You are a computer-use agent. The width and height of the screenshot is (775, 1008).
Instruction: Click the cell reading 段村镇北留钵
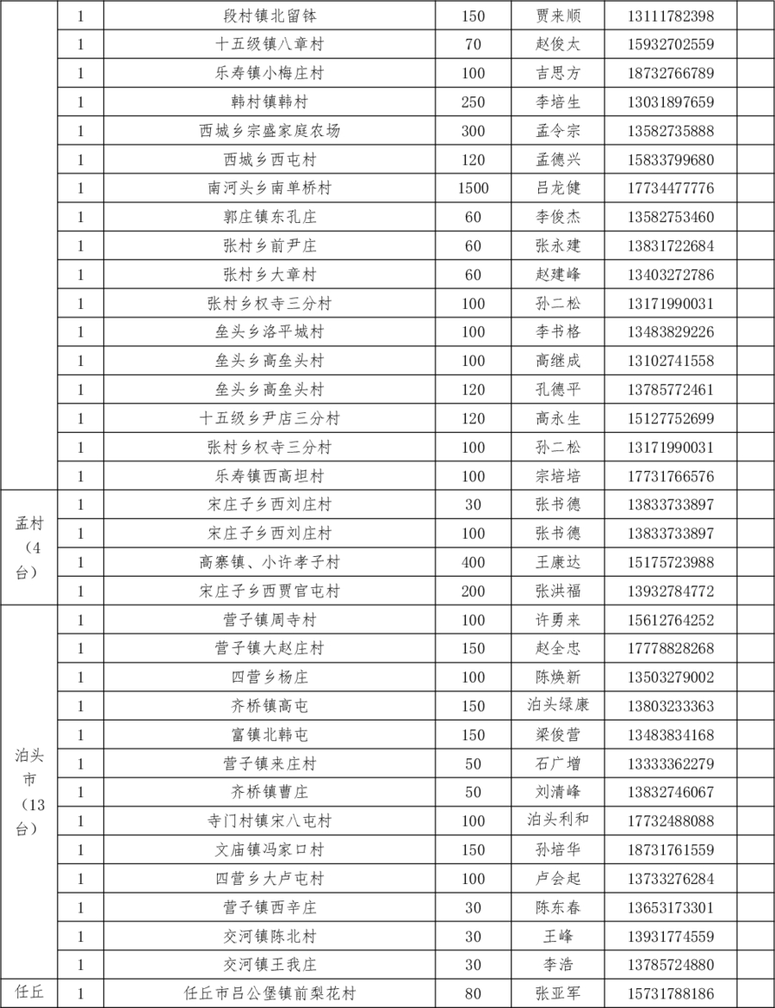(270, 16)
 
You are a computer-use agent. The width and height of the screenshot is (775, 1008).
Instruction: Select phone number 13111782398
(671, 16)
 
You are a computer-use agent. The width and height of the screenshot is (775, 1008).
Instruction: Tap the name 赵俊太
(558, 45)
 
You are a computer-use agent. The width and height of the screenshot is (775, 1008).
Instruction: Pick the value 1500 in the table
(473, 189)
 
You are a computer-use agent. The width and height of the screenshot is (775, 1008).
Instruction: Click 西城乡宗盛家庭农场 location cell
(270, 131)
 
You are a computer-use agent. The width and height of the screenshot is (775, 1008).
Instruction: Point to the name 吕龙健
(558, 189)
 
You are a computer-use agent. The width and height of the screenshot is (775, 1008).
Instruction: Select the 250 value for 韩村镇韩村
(473, 102)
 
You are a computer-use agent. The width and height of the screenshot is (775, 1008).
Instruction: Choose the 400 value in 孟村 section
(473, 563)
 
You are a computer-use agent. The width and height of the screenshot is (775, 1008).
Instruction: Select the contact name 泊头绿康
(558, 706)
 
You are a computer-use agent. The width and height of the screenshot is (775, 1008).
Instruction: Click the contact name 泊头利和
(558, 820)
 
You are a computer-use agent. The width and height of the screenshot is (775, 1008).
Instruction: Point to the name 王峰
(558, 936)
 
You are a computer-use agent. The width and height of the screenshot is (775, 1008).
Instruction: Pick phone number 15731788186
(671, 993)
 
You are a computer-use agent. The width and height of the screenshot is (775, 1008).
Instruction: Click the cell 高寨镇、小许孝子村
(270, 563)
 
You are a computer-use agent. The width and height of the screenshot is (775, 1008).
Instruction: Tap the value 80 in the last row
(473, 993)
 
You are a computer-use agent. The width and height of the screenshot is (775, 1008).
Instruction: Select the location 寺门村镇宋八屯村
(270, 821)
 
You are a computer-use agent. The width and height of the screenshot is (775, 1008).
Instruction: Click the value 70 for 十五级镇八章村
(473, 45)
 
